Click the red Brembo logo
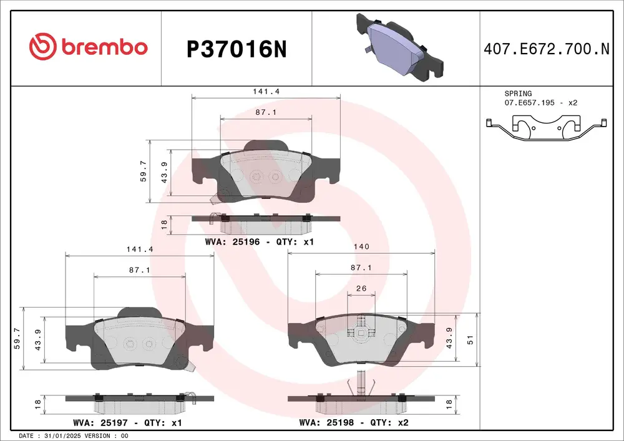click(x=89, y=47)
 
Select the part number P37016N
click(x=236, y=50)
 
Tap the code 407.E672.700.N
click(x=547, y=49)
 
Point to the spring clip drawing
click(x=546, y=128)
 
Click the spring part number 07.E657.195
click(x=529, y=102)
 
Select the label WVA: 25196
click(x=232, y=242)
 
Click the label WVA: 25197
click(x=100, y=422)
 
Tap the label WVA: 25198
click(x=326, y=422)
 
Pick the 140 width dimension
click(x=361, y=246)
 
